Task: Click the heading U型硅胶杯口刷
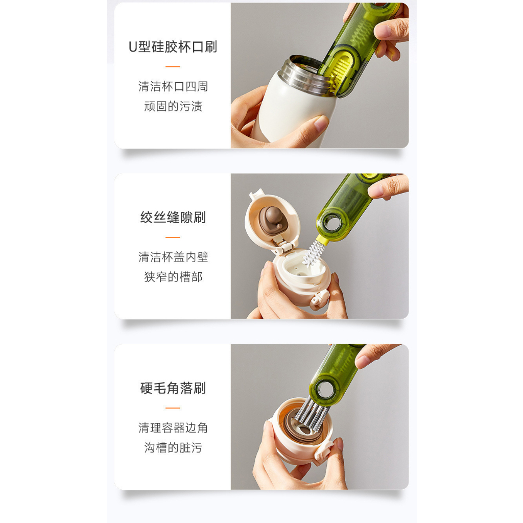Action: coord(173,47)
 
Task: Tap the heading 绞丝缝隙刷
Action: coord(173,218)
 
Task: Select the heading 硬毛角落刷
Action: coord(173,388)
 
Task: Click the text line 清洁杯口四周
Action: coord(173,86)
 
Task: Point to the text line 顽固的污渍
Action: coord(173,106)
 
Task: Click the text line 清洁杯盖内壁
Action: coord(173,257)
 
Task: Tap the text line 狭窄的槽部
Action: coord(173,277)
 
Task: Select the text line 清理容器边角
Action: coord(173,427)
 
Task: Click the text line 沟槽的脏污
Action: coord(173,447)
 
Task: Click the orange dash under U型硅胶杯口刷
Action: coord(173,67)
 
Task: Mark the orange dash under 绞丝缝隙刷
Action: coord(173,237)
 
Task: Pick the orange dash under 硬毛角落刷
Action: coord(173,408)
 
